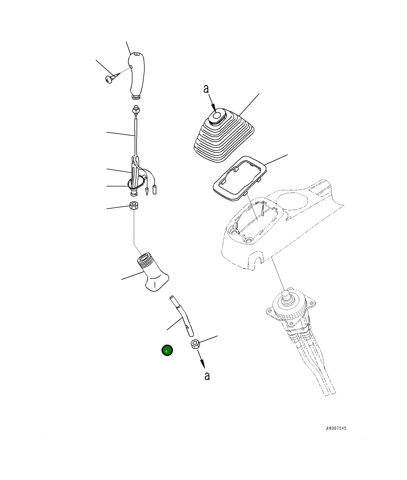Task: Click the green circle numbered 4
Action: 167,350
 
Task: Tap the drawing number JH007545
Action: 336,428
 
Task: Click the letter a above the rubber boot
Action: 206,89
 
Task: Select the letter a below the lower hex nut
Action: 207,376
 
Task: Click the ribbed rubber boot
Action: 223,135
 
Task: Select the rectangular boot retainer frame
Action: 240,178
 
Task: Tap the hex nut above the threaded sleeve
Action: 134,206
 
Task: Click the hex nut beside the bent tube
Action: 195,344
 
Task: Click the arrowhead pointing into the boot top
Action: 213,108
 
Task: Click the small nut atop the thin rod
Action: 136,110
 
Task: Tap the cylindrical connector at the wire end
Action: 155,190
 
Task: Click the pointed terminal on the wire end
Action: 147,191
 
